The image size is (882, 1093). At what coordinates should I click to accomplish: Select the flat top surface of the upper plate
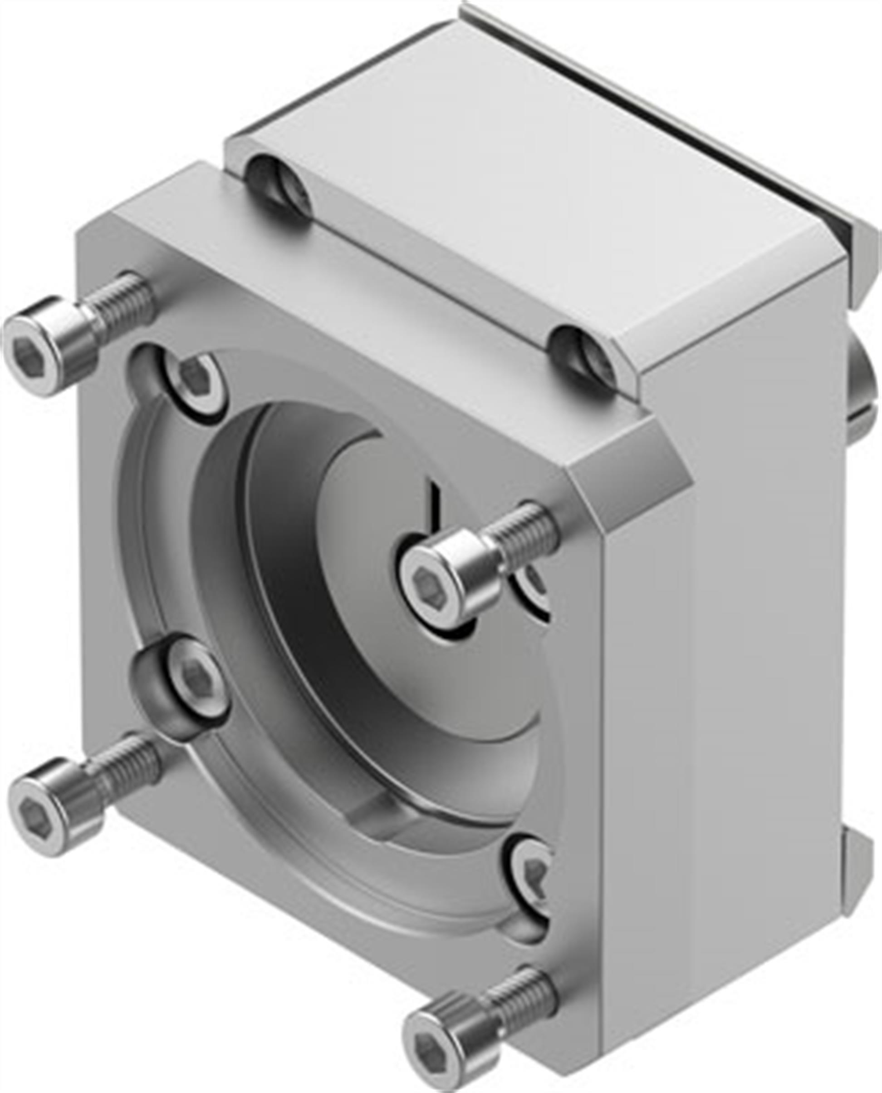pos(534,193)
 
